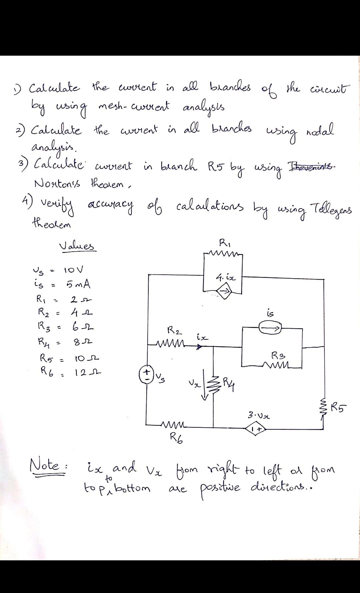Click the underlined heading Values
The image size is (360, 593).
(x=77, y=247)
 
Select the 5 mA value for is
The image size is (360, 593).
(x=78, y=285)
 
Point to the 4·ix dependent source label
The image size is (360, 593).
(x=226, y=277)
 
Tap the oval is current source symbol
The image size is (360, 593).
(x=271, y=328)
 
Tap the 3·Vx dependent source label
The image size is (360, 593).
(x=259, y=416)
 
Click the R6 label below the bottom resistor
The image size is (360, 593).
(x=176, y=436)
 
